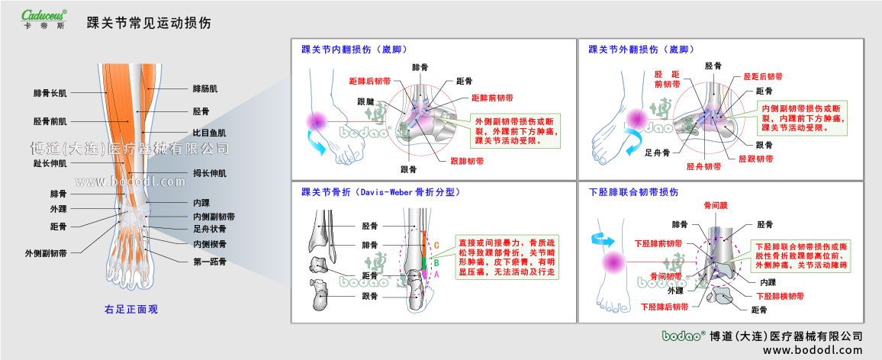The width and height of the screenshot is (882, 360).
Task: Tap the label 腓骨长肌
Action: (50, 93)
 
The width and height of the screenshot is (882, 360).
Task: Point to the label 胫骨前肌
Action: (50, 121)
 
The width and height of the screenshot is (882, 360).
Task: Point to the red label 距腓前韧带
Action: (492, 98)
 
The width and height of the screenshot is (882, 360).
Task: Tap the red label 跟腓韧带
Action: (467, 161)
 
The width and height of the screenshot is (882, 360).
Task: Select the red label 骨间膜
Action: (716, 205)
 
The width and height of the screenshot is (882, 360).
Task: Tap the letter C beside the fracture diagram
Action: (436, 245)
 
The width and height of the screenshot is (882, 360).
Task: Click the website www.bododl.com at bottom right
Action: (813, 350)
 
